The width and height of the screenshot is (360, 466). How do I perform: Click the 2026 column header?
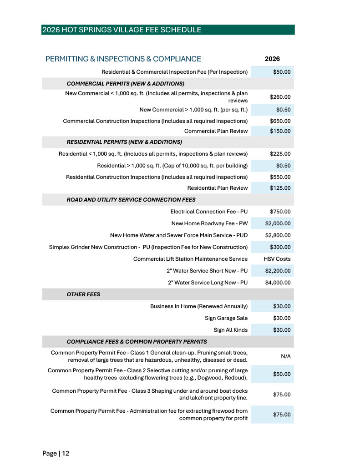(272, 59)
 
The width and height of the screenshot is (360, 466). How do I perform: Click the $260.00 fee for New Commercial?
(280, 96)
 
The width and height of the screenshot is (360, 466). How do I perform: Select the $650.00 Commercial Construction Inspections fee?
(280, 121)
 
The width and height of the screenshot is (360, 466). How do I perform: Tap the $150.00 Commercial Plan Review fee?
(280, 131)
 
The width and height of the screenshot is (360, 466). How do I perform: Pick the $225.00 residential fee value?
(280, 154)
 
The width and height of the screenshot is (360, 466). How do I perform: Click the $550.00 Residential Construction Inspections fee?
(280, 177)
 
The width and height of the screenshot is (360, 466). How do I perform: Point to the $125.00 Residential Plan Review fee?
(280, 188)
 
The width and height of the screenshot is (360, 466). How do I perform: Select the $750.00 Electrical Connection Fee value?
(280, 212)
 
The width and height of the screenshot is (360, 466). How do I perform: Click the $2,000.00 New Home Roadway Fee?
(278, 223)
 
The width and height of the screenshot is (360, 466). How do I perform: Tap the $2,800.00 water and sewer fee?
(278, 235)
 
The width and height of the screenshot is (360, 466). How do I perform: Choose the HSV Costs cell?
(277, 259)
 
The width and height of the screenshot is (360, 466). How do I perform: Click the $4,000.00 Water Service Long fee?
(278, 283)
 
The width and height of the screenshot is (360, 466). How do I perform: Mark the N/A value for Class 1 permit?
(285, 356)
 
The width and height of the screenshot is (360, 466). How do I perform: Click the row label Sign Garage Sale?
(226, 318)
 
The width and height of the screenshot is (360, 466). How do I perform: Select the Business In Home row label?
(199, 306)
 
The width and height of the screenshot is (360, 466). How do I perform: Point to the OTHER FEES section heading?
(83, 294)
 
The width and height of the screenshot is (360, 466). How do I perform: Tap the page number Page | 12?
(56, 453)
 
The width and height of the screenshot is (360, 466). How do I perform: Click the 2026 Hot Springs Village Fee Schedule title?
(121, 30)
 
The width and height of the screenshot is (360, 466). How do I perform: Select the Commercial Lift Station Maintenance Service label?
(190, 259)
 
